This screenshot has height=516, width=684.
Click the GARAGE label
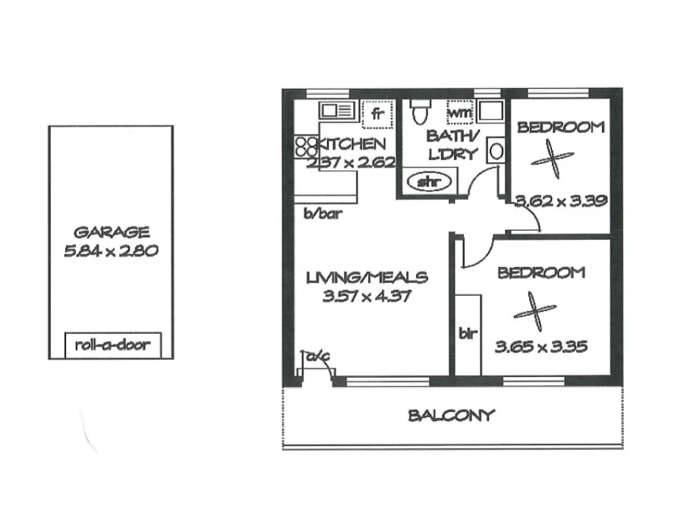(x=112, y=232)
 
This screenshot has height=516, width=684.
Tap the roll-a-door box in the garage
(x=112, y=345)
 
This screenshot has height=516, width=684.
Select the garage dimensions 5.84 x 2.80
(x=112, y=251)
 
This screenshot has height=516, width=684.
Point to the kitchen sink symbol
(x=336, y=111)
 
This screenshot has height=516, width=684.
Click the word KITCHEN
(x=351, y=143)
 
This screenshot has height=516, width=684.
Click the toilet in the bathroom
(x=417, y=114)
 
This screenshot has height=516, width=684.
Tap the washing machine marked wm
(x=460, y=112)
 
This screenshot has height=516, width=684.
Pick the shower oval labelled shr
(x=431, y=182)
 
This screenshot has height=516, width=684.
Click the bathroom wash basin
(x=496, y=150)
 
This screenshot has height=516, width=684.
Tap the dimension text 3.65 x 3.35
(x=541, y=348)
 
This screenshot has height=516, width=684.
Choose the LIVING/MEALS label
(x=367, y=277)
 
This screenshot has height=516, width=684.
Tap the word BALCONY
(x=451, y=415)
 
